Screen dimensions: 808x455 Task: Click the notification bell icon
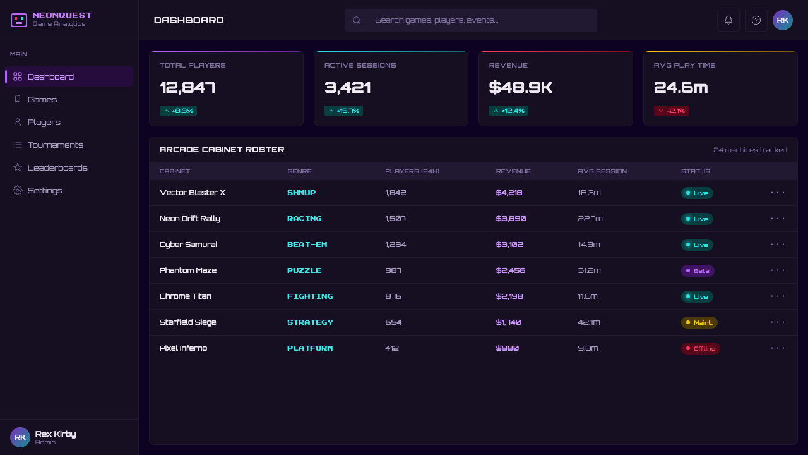728,20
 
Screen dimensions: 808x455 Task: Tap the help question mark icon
756,20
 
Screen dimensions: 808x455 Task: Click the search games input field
470,20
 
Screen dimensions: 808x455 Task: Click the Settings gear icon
17,190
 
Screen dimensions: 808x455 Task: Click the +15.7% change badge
343,111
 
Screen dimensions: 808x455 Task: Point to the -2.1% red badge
671,111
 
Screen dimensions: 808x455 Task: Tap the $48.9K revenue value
521,87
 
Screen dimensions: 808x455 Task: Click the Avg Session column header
602,171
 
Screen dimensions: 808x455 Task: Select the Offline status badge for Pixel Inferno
700,348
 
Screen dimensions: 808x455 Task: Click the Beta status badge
698,271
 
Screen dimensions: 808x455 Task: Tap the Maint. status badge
699,322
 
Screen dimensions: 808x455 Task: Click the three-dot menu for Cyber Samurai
777,245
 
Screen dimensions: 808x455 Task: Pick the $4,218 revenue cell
509,193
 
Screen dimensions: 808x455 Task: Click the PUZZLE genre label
304,270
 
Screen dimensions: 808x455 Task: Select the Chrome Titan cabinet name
186,296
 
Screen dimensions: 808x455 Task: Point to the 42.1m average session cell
589,322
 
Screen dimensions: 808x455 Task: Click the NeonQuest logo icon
19,20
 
